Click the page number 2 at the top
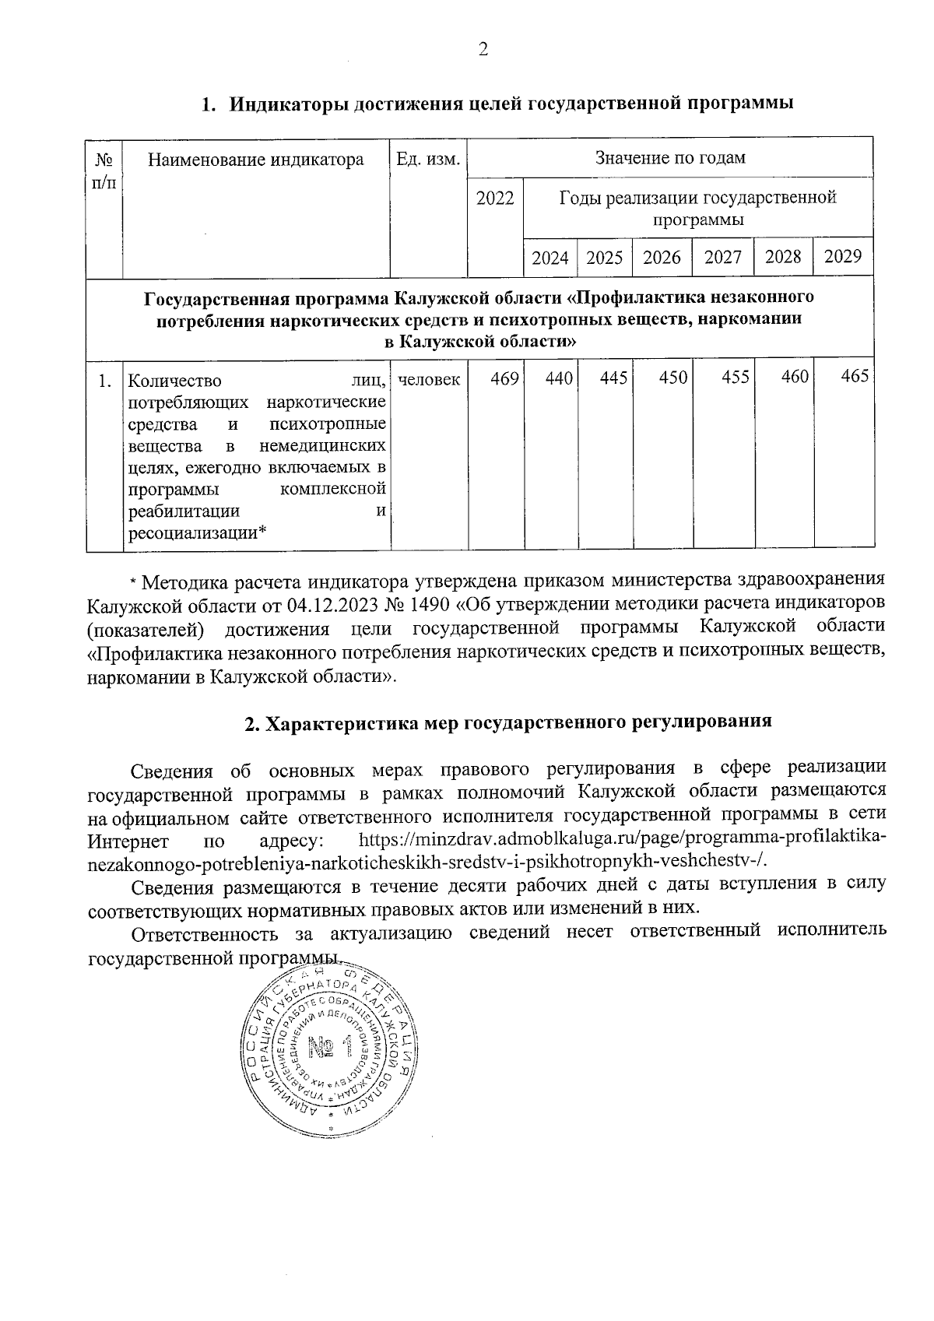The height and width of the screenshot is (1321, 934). (483, 51)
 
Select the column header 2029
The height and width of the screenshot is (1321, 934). (842, 257)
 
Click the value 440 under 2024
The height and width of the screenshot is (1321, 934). (560, 378)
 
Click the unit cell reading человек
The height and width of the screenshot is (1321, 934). (429, 380)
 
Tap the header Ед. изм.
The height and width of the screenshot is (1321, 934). (429, 160)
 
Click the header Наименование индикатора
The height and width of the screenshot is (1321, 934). (256, 160)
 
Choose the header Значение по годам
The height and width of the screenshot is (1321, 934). (670, 158)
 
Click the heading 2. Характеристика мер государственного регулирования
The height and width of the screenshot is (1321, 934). (507, 722)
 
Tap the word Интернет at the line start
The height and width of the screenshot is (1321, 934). (128, 842)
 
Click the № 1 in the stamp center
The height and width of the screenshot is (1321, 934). (330, 1049)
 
